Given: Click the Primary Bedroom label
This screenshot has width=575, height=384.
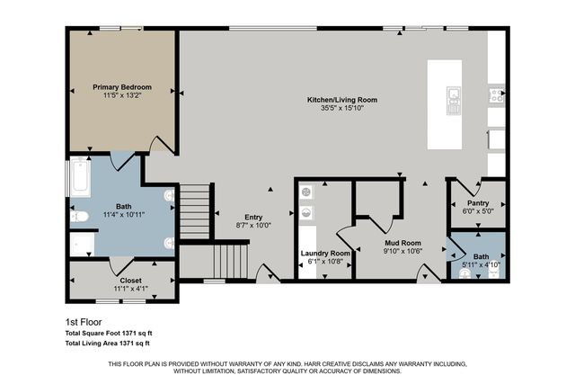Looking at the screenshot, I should point(122,87).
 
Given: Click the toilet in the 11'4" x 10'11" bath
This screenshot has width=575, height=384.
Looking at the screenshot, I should point(78,216).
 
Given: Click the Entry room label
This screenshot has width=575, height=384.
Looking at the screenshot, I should point(253,217).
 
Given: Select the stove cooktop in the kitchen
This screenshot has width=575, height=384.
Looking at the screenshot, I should point(495,94).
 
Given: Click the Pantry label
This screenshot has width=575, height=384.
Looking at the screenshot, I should point(477,203).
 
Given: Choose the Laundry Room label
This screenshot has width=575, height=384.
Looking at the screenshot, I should point(324,254).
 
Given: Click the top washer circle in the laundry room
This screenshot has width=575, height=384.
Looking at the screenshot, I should point(306,192).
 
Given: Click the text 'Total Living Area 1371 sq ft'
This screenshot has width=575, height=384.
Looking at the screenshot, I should point(108,343).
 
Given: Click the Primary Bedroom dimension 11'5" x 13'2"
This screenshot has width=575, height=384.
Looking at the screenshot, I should point(122,94).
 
